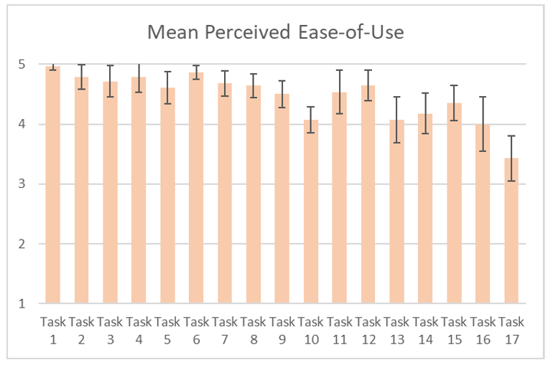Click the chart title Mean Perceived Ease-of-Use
coord(275,32)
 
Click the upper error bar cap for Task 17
coord(512,136)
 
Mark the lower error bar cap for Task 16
coord(483,151)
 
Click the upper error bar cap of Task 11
coord(340,70)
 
